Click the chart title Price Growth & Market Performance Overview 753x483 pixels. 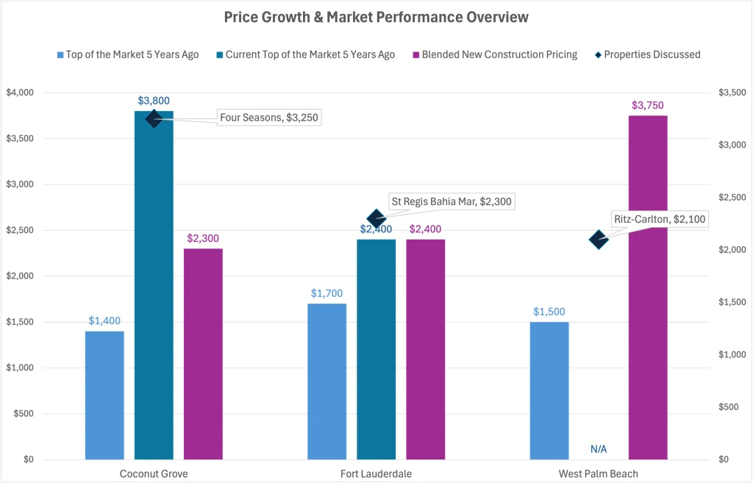click(376, 17)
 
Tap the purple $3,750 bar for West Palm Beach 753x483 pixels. click(648, 287)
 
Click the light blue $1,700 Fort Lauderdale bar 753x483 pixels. click(326, 382)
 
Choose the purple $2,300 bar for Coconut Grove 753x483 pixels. click(203, 354)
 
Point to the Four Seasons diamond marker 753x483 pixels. click(154, 118)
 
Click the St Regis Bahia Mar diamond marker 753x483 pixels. click(376, 218)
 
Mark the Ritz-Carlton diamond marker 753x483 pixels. click(599, 239)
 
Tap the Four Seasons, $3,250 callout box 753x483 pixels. click(270, 118)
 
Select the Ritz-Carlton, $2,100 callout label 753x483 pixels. click(659, 219)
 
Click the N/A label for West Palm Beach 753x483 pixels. click(599, 449)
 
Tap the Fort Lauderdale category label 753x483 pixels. click(376, 474)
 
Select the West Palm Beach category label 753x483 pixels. click(599, 474)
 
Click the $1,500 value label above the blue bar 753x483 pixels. click(549, 311)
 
